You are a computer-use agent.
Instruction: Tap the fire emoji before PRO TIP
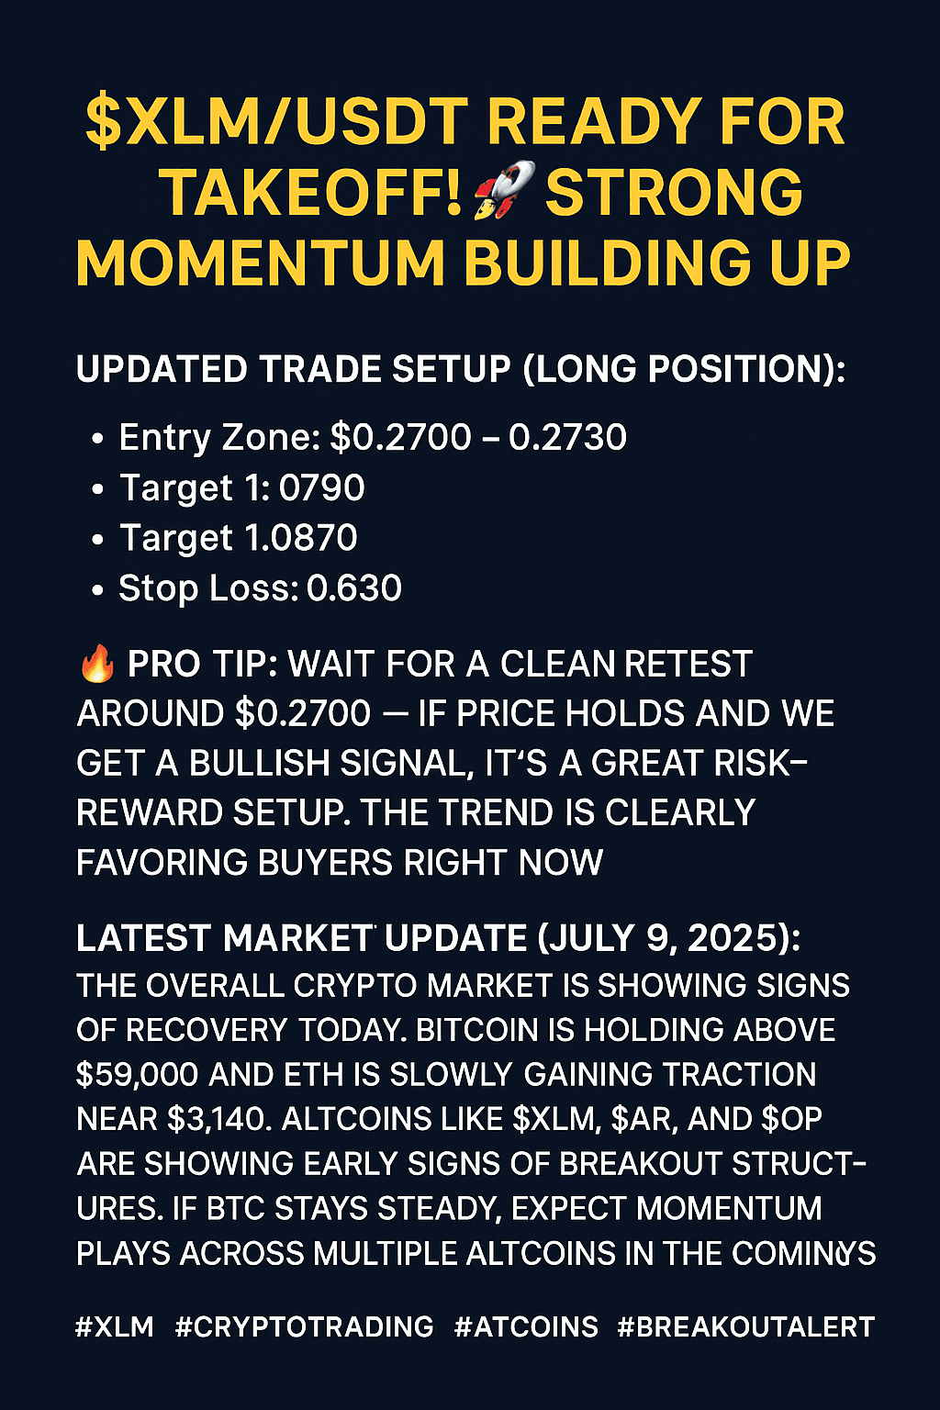(97, 665)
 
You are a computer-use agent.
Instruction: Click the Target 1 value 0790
(321, 487)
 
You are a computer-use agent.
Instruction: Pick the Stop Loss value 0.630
(354, 587)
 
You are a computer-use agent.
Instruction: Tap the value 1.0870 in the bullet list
(300, 538)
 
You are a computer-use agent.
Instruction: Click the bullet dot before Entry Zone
(97, 439)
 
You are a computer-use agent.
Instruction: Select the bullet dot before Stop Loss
(97, 590)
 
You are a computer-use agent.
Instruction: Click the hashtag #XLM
(115, 1326)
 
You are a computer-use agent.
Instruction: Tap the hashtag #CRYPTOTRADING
(304, 1326)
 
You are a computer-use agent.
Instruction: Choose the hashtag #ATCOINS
(526, 1326)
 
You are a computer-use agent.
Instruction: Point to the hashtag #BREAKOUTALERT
(746, 1326)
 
